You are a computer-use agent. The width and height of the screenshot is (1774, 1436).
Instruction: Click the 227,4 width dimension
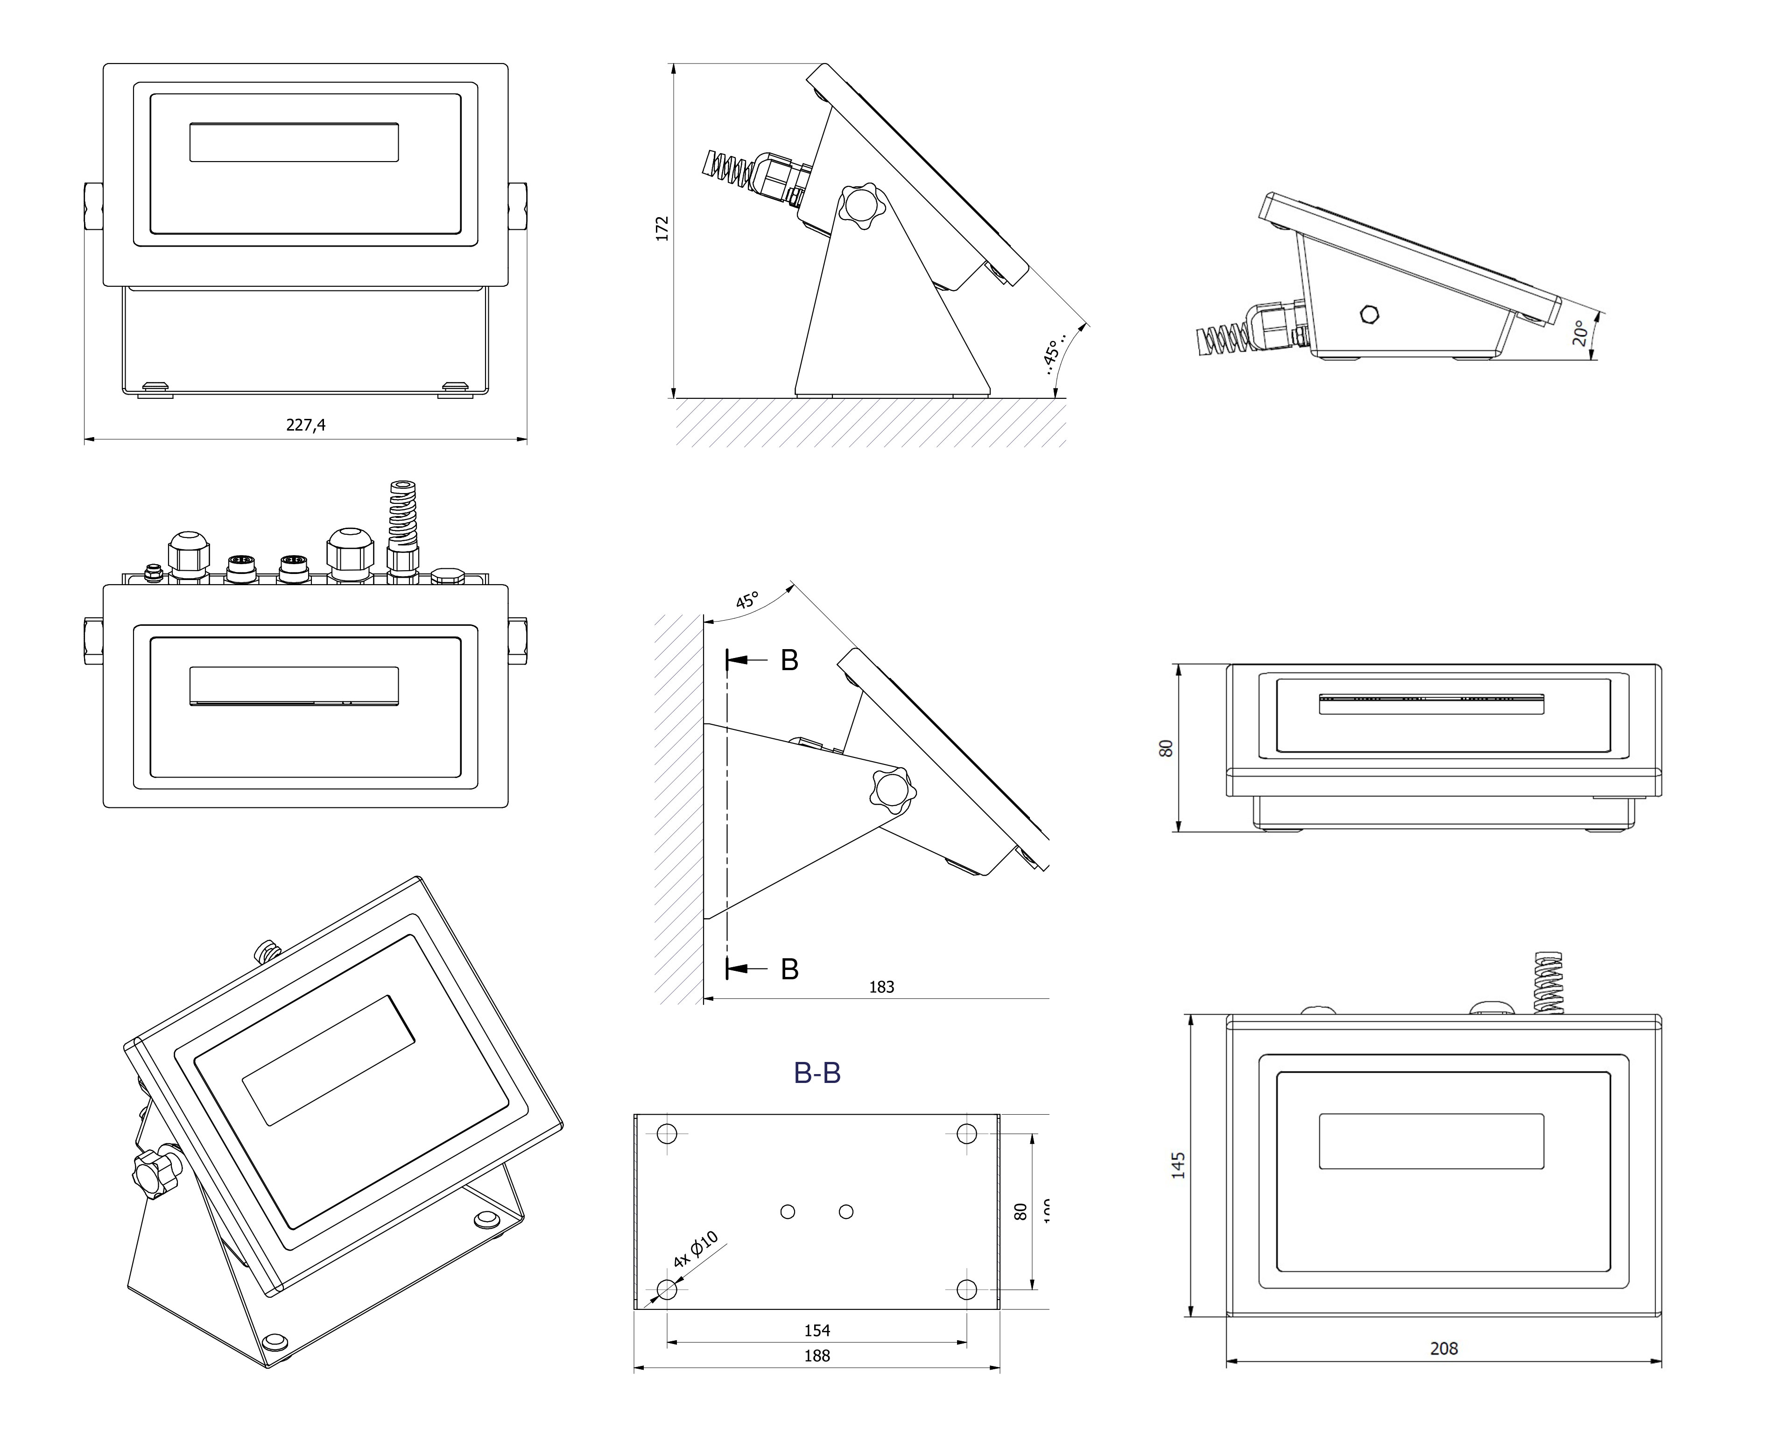pyautogui.click(x=306, y=425)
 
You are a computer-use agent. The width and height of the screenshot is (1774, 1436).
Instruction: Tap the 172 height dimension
pyautogui.click(x=662, y=229)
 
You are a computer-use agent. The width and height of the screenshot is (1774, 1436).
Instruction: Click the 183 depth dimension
pyautogui.click(x=881, y=987)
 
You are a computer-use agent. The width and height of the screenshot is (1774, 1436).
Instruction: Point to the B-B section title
pyautogui.click(x=817, y=1073)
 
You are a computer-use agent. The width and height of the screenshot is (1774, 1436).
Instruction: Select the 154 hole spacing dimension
pyautogui.click(x=817, y=1330)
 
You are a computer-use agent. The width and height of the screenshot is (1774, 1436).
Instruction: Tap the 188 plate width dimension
pyautogui.click(x=817, y=1356)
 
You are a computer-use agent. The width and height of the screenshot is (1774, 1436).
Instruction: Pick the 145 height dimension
pyautogui.click(x=1178, y=1165)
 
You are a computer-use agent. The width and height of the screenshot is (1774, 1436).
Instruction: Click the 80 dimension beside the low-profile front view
pyautogui.click(x=1166, y=748)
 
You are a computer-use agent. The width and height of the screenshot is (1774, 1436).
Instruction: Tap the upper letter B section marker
pyautogui.click(x=790, y=660)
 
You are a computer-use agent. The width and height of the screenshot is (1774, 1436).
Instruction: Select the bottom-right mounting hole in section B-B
pyautogui.click(x=967, y=1289)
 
